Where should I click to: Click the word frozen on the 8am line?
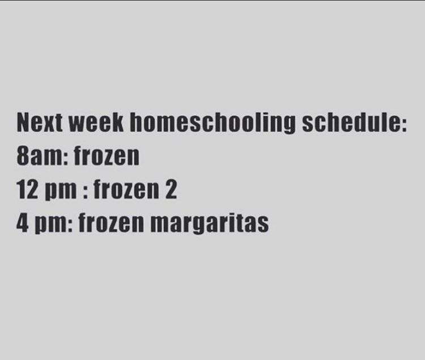(x=107, y=156)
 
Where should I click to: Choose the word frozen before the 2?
(x=126, y=189)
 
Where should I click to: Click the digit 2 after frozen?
(x=171, y=189)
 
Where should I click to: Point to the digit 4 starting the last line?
(x=23, y=223)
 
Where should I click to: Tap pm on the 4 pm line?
(x=53, y=225)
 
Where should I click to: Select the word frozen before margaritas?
(x=111, y=223)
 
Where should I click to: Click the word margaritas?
(x=210, y=224)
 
